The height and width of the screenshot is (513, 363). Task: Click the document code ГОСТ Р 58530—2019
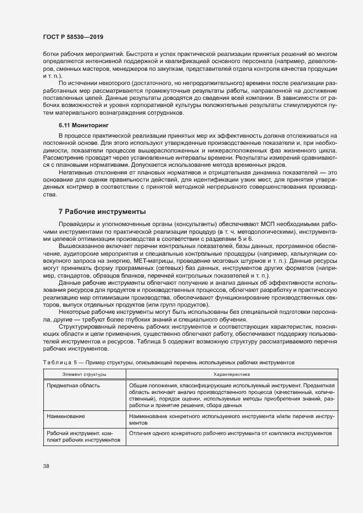pos(72,37)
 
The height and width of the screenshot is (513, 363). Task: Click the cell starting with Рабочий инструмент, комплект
pos(82,436)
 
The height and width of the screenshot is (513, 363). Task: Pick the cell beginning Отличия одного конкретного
pos(230,433)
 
